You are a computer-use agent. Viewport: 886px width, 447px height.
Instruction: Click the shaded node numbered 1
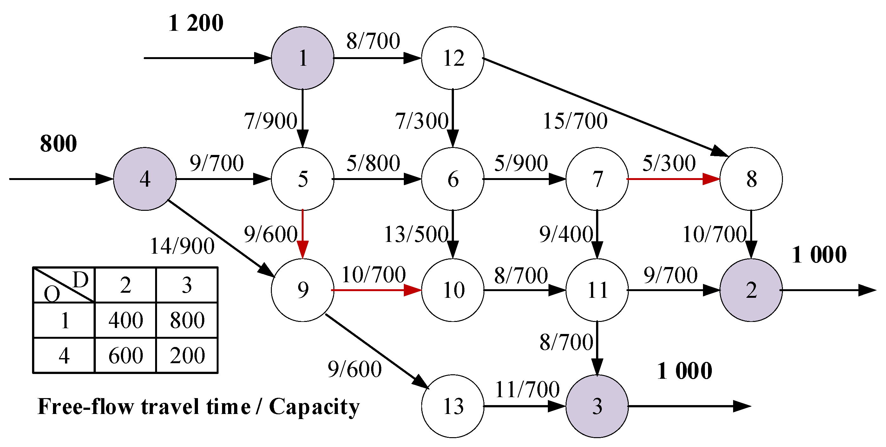point(302,58)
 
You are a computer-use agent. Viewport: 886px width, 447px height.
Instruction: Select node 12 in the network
point(453,58)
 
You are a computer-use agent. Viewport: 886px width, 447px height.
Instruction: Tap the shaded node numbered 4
point(145,179)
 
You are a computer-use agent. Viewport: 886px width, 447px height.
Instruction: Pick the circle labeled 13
point(453,406)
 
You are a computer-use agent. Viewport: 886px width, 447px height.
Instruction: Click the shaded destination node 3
point(597,406)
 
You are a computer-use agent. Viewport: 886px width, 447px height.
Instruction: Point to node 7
point(597,179)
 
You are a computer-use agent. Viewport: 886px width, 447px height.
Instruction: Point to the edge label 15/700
point(575,121)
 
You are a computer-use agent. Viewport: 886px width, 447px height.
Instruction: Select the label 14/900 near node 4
point(182,246)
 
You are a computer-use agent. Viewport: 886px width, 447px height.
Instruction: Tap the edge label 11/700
point(527,390)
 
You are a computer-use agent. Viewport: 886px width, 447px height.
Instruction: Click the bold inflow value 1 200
point(196,23)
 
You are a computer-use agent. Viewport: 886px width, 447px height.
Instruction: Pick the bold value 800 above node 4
point(58,143)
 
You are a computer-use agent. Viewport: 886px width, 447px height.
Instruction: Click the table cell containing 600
point(126,356)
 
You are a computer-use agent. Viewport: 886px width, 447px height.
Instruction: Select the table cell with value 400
point(126,320)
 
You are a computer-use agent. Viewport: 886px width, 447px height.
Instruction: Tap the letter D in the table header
point(81,279)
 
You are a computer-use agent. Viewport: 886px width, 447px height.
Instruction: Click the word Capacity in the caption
point(314,407)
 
